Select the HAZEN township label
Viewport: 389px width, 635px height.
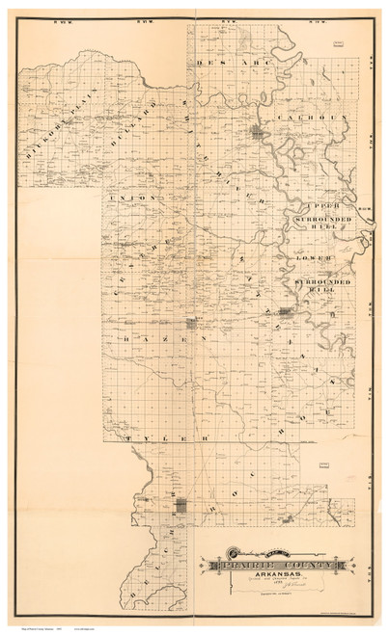(x=152, y=340)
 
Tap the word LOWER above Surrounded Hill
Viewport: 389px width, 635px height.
(x=315, y=258)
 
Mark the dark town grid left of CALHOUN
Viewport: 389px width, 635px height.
(x=258, y=133)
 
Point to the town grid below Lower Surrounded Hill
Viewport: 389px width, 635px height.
(x=286, y=311)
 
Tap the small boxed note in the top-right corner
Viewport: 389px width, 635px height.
(x=339, y=43)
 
